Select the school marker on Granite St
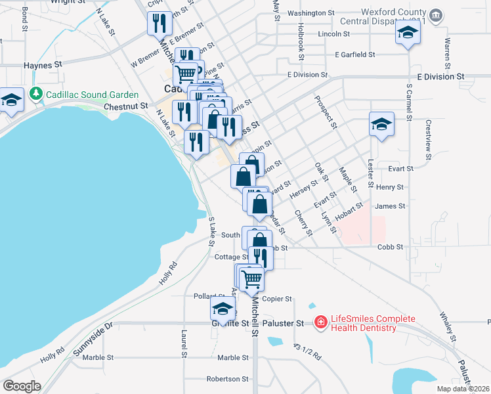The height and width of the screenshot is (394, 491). tap(223, 309)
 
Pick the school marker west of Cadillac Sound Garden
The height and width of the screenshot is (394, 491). tap(11, 100)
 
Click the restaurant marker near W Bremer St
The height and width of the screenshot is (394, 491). tap(160, 25)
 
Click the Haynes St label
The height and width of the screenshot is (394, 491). tap(42, 66)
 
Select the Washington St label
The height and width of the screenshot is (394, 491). tap(307, 13)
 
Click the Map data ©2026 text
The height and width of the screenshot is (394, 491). tap(463, 389)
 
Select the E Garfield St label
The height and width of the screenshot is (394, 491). tap(354, 55)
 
